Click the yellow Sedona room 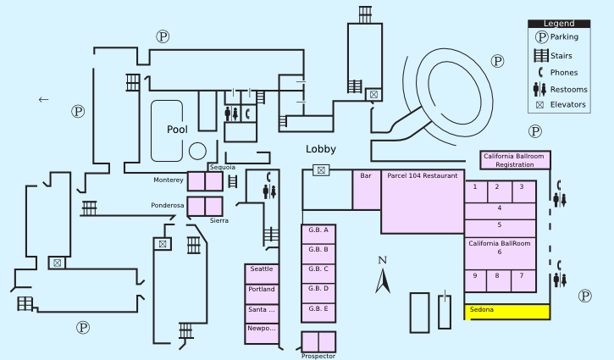click(x=506, y=311)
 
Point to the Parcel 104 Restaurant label click(x=422, y=176)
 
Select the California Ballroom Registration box click(x=515, y=160)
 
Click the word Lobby click(x=321, y=149)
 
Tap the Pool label click(x=177, y=130)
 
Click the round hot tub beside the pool click(x=197, y=151)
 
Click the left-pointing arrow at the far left click(x=44, y=99)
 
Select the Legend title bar click(x=558, y=24)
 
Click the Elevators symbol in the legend click(x=539, y=105)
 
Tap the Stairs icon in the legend click(x=539, y=56)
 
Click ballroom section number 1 click(x=475, y=187)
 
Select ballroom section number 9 click(x=475, y=276)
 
